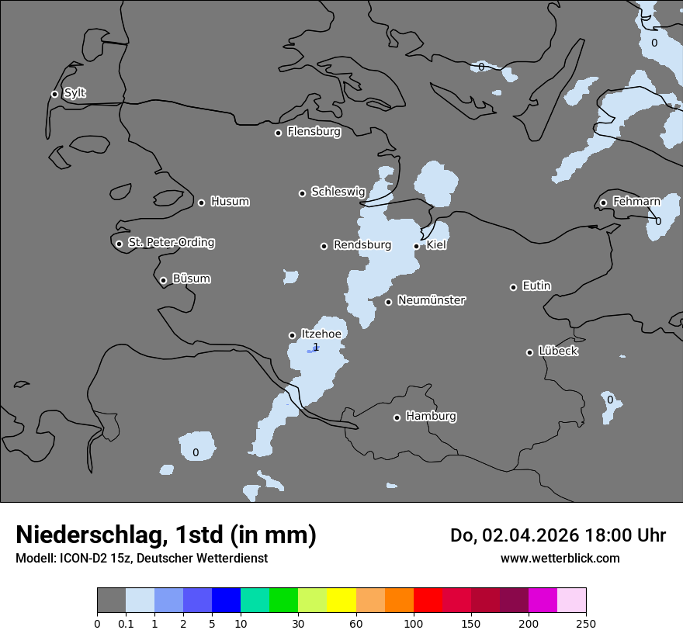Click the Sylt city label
(75, 93)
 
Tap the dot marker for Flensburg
(278, 133)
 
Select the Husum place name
(230, 202)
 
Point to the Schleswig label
(338, 192)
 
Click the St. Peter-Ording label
(171, 243)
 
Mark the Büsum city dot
(163, 281)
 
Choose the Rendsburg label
(362, 245)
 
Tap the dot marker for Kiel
(417, 246)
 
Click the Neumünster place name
(431, 300)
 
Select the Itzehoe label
(321, 334)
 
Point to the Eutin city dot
(513, 287)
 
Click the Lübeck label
(558, 351)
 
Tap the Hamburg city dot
(397, 417)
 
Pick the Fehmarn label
(636, 202)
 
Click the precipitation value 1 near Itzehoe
(316, 347)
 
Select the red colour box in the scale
(428, 601)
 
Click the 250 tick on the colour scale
(586, 623)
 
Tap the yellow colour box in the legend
(341, 601)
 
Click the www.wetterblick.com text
(560, 558)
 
